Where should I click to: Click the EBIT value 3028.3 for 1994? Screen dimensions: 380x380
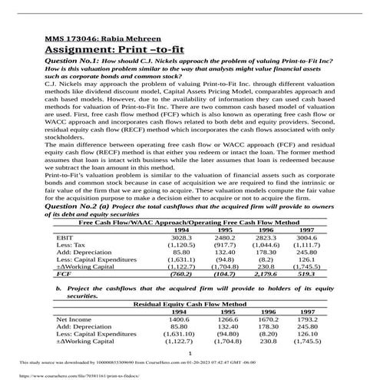181,217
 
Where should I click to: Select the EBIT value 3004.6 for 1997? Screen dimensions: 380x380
306,217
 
